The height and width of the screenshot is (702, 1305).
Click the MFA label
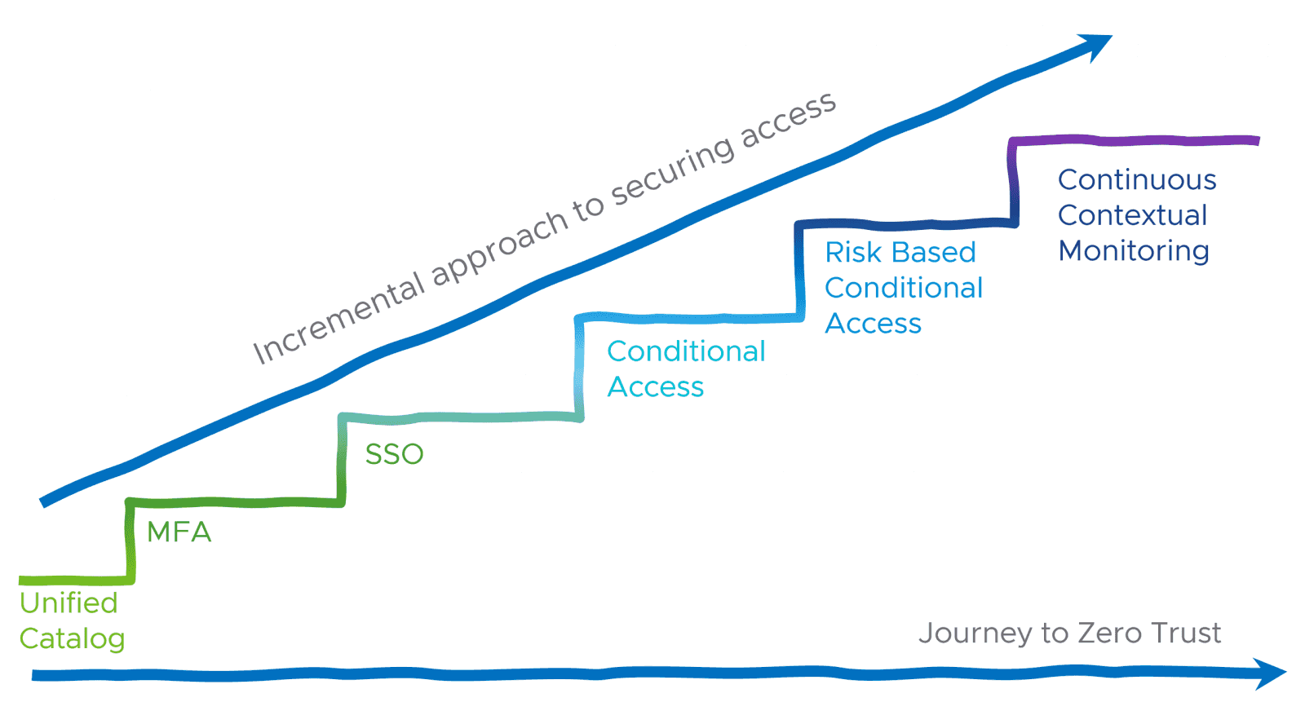(x=179, y=532)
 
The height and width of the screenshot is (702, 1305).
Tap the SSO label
(x=394, y=454)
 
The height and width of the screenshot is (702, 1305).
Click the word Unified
(x=69, y=603)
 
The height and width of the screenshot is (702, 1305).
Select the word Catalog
(x=72, y=639)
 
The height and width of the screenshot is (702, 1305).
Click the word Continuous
(x=1136, y=180)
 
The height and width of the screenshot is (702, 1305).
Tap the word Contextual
(x=1132, y=216)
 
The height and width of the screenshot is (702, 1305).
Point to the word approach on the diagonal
(x=499, y=245)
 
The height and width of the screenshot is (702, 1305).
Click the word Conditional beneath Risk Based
(x=903, y=289)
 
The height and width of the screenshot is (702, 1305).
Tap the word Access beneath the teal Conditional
(x=655, y=387)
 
